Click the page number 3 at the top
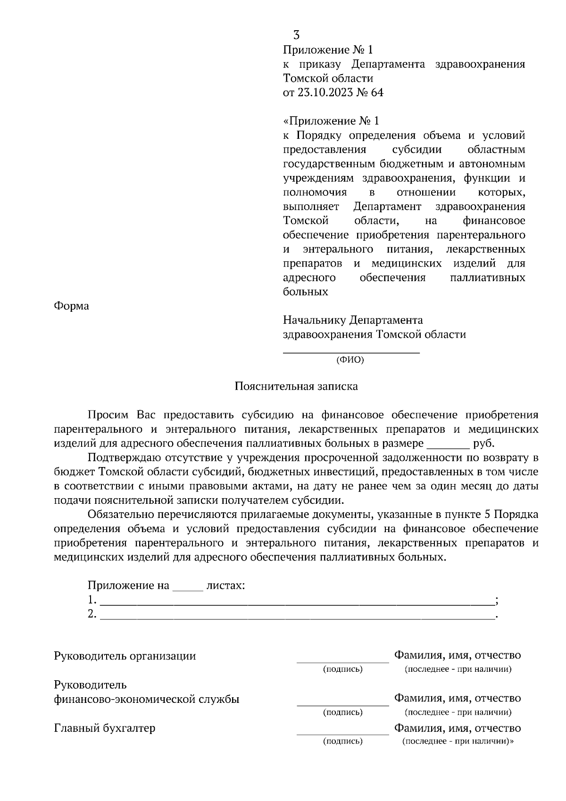coord(296,35)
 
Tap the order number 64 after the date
coord(377,92)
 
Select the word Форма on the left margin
coord(71,306)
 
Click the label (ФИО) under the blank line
coord(350,360)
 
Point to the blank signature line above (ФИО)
coord(351,352)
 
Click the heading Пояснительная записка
coord(296,386)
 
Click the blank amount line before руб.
coord(448,446)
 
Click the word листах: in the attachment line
coord(226,586)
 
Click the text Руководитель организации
coord(125,656)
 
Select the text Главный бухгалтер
coord(105,728)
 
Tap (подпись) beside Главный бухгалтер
coord(342,741)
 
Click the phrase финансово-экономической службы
coord(147,700)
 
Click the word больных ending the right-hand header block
coord(305,292)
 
